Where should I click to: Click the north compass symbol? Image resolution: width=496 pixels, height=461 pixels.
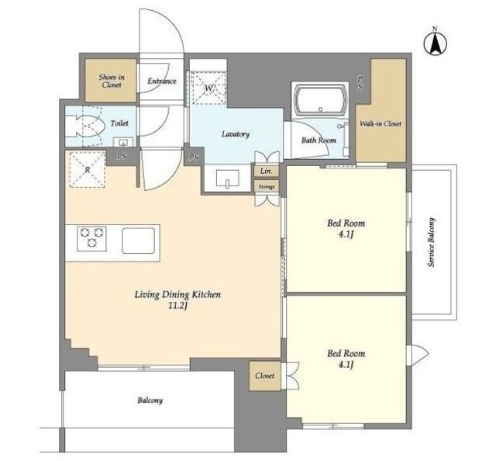coord(435,43)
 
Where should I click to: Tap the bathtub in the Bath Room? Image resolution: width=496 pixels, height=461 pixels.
coord(319,100)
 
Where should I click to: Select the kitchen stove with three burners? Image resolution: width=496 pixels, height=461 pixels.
coord(91,239)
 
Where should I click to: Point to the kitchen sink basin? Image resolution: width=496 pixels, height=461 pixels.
coord(139,241)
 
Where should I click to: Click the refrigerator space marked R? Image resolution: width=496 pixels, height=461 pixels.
coord(87,169)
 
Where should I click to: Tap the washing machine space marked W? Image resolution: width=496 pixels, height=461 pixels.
coord(208,88)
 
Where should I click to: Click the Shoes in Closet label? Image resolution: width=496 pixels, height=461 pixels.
coord(112,81)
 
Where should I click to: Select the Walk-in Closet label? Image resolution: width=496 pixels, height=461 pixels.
coord(381,123)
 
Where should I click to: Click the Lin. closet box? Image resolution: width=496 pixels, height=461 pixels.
coord(267,171)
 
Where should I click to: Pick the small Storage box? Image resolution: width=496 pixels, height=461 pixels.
coord(267,186)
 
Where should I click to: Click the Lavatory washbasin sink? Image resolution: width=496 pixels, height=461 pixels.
coord(227,179)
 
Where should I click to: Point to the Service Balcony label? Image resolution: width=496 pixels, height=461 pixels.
coord(431,242)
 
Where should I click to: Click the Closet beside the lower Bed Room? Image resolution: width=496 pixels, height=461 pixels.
coord(265,376)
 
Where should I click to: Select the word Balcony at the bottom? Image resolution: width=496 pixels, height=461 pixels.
coord(150,400)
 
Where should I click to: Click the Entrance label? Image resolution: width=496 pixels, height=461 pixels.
coord(162,81)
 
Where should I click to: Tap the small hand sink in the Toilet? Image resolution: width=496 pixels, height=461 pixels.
coord(122,141)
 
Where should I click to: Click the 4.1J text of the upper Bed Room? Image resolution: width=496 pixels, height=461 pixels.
coord(346,235)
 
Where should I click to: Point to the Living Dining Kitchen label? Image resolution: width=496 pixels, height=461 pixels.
coord(177,294)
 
